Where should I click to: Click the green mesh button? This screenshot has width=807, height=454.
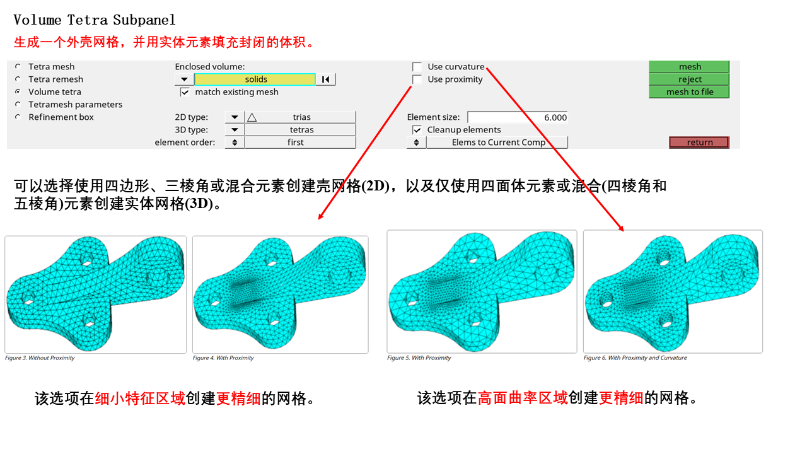[x=689, y=67]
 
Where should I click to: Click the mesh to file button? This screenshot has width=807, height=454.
[x=689, y=92]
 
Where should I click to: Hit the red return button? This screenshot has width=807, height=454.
[x=699, y=143]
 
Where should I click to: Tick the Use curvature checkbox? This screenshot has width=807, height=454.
[x=417, y=67]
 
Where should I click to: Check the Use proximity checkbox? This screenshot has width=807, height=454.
[x=417, y=79]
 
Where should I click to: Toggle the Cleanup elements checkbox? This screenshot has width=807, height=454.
[x=417, y=130]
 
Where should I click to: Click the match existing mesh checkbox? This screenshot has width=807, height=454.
[x=185, y=92]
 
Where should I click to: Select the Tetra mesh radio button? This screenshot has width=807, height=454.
[x=18, y=67]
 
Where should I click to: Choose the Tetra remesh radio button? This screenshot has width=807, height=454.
[x=18, y=79]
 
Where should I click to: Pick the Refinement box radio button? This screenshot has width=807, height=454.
[x=18, y=117]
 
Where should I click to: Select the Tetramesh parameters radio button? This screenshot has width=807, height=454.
[x=18, y=105]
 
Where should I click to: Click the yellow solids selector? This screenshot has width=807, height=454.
[x=255, y=79]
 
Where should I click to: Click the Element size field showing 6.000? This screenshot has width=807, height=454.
[x=518, y=117]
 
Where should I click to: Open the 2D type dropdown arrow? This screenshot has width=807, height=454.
[x=235, y=117]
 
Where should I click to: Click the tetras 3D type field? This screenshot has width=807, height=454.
[x=300, y=130]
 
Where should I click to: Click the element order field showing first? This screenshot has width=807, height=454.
[x=300, y=143]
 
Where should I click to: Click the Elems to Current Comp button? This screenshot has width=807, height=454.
[x=497, y=143]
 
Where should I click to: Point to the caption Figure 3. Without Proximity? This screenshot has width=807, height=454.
[x=40, y=358]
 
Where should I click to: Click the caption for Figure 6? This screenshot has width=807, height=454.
[x=635, y=358]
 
